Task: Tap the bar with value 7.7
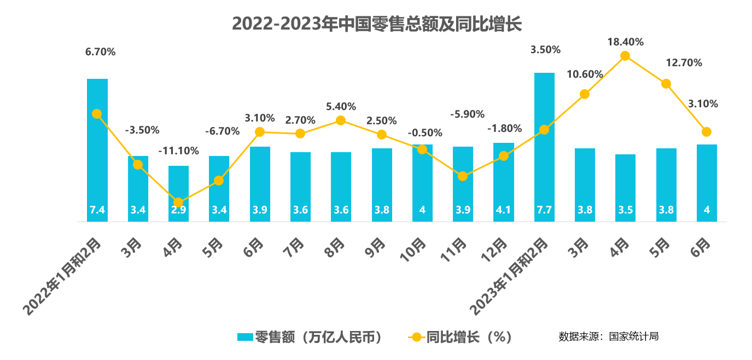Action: [x=544, y=148]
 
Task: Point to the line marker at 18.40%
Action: [x=625, y=56]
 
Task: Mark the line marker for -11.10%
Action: [x=178, y=202]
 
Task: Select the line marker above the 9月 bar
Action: [x=382, y=135]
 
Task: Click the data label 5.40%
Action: [x=340, y=106]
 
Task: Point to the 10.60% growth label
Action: [x=585, y=74]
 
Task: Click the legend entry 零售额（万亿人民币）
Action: [x=308, y=336]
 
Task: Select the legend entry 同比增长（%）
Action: [x=459, y=336]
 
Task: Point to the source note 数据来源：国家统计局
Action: [x=608, y=336]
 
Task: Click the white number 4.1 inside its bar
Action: [x=503, y=210]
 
